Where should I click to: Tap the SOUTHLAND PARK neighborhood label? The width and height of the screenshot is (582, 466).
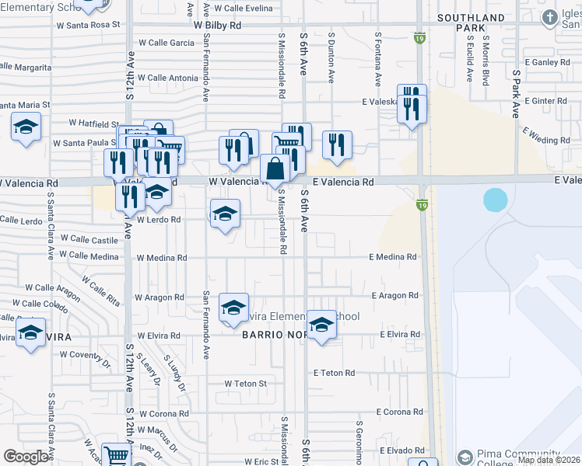(471, 23)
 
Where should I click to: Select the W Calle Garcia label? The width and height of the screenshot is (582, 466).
(166, 43)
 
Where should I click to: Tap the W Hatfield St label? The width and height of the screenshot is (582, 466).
(93, 123)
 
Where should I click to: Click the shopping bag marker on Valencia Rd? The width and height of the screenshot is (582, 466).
(275, 169)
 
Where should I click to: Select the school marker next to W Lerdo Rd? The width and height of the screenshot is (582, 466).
(225, 214)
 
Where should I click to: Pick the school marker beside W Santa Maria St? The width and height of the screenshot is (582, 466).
(26, 127)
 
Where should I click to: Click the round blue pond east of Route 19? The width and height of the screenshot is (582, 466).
(496, 200)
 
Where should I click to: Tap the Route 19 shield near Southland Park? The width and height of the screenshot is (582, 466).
(420, 37)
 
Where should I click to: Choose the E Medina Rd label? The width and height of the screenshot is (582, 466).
(393, 257)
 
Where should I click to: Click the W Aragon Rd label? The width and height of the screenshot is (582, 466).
(158, 297)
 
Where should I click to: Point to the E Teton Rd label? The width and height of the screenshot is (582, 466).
(335, 374)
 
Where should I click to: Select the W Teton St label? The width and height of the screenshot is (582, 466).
(246, 384)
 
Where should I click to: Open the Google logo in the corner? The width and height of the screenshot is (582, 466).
(26, 457)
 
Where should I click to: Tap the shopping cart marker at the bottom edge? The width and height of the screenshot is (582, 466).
(116, 456)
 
